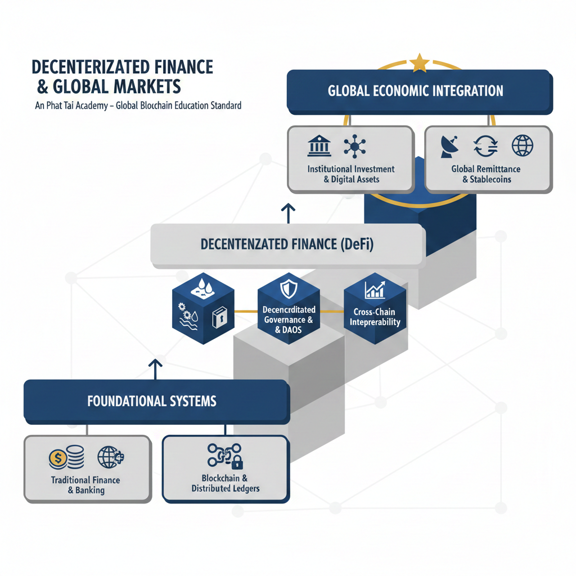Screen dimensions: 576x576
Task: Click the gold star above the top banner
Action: click(x=419, y=63)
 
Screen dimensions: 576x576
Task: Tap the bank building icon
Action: click(x=319, y=145)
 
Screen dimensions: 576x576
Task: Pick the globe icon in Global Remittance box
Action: click(x=522, y=145)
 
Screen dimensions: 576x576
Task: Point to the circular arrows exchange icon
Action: click(x=486, y=146)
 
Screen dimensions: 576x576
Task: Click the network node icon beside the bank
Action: click(x=355, y=146)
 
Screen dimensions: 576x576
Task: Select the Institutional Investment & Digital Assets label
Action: click(x=351, y=174)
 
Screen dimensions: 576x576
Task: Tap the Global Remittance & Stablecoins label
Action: click(x=485, y=174)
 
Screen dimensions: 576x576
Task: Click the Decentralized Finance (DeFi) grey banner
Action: click(x=287, y=245)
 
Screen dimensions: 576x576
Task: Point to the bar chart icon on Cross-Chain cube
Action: click(x=375, y=290)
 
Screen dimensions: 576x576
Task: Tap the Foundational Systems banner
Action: click(x=152, y=402)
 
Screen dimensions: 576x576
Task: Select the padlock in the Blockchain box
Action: click(x=237, y=463)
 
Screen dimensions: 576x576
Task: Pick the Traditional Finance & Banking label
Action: click(x=85, y=485)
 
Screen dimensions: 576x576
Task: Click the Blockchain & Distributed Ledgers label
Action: click(x=225, y=483)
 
